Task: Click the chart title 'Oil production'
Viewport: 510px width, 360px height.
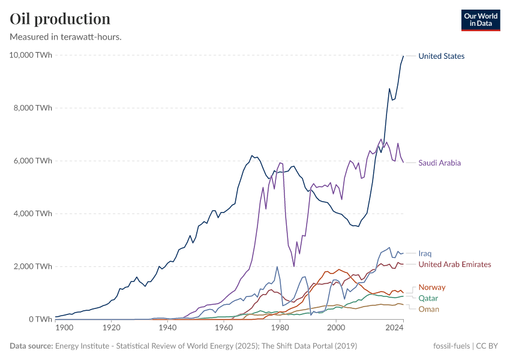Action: coord(60,19)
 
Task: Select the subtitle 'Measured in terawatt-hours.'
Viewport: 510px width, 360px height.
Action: coord(66,37)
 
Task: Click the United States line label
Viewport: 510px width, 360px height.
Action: coord(441,56)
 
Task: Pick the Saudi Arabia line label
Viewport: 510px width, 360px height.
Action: coord(440,163)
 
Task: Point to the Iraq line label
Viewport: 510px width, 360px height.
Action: coord(425,253)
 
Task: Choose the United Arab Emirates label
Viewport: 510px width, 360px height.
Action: coord(455,264)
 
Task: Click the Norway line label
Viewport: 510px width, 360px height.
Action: coord(432,287)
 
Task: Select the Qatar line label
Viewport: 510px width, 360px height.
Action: coord(428,298)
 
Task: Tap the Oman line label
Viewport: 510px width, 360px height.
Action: coord(428,309)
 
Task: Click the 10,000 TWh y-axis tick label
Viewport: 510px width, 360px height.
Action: coord(31,55)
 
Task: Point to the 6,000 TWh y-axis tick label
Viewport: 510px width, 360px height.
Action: coord(32,161)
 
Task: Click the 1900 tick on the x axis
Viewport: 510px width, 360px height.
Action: coord(64,328)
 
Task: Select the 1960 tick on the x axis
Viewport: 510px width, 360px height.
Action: coord(224,328)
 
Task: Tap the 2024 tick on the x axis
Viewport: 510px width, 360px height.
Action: coord(394,328)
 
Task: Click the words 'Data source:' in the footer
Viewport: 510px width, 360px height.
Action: coord(31,346)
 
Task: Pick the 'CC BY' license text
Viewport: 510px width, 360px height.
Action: coord(488,346)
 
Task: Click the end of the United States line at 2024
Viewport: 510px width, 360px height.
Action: coord(403,56)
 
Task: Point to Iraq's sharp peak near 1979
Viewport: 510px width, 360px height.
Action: coord(277,267)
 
